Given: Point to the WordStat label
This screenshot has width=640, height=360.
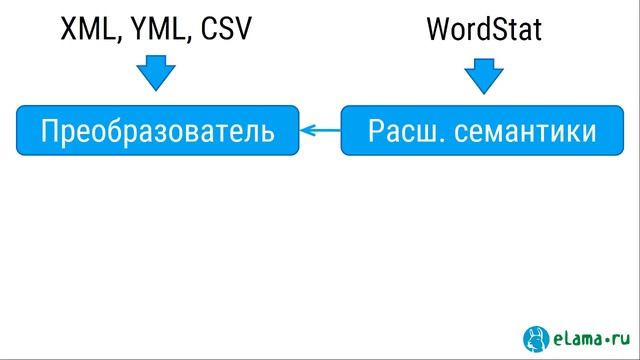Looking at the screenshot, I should [484, 30].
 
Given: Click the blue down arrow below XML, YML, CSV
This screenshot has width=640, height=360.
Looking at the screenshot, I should [155, 72].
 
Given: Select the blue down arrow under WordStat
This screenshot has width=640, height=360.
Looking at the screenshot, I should [484, 72].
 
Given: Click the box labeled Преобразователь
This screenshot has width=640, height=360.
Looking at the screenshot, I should [157, 129].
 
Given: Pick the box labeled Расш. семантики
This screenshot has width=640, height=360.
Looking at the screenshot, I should [482, 129].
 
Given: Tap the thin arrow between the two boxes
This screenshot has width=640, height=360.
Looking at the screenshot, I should [320, 129].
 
